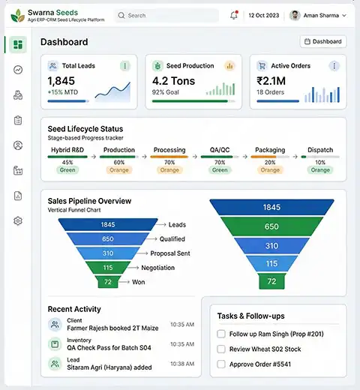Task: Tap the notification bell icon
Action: (234, 15)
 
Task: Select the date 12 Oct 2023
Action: (264, 15)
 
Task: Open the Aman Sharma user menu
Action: (318, 15)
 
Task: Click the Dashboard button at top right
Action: (322, 42)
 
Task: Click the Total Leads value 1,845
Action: (61, 81)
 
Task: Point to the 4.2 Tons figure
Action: (173, 81)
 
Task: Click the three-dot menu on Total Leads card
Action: (124, 66)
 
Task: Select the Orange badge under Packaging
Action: (270, 170)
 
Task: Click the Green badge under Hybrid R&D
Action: (67, 170)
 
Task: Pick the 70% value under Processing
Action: (169, 162)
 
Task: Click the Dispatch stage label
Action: (320, 150)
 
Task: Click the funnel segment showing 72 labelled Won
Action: (108, 282)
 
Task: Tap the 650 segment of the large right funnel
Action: (271, 226)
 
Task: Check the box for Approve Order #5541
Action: (220, 364)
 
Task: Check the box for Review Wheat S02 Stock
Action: (220, 349)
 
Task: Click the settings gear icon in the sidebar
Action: (18, 220)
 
